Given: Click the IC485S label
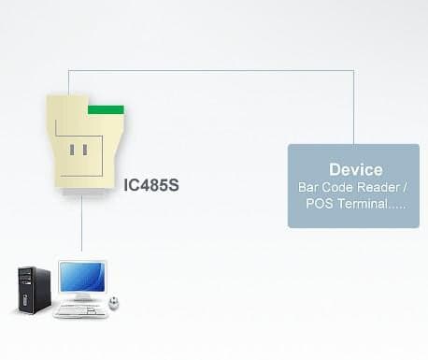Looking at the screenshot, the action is coord(151,185).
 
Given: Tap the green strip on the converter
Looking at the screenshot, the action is coord(106,109).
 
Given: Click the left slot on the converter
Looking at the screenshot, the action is coord(72,150).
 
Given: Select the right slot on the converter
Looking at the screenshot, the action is coord(85,150).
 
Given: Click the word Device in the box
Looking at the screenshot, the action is coord(356,169).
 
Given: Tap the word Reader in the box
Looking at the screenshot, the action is coord(378,187).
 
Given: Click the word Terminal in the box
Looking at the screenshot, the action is coord(363,204).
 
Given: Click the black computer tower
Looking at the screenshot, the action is coord(34,290).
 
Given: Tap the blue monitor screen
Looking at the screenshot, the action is coord(81,276).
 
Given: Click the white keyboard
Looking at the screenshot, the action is coord(80,310).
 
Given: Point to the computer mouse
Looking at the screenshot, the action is coord(113,303).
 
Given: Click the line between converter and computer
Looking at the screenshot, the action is coord(81,223).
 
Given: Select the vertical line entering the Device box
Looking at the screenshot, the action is coord(353,108).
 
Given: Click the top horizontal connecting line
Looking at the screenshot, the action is coord(211,70).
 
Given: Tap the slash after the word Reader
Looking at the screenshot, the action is coord(405,187).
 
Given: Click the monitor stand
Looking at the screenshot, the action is coord(81,296).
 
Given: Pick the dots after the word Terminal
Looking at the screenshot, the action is coord(398,208).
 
